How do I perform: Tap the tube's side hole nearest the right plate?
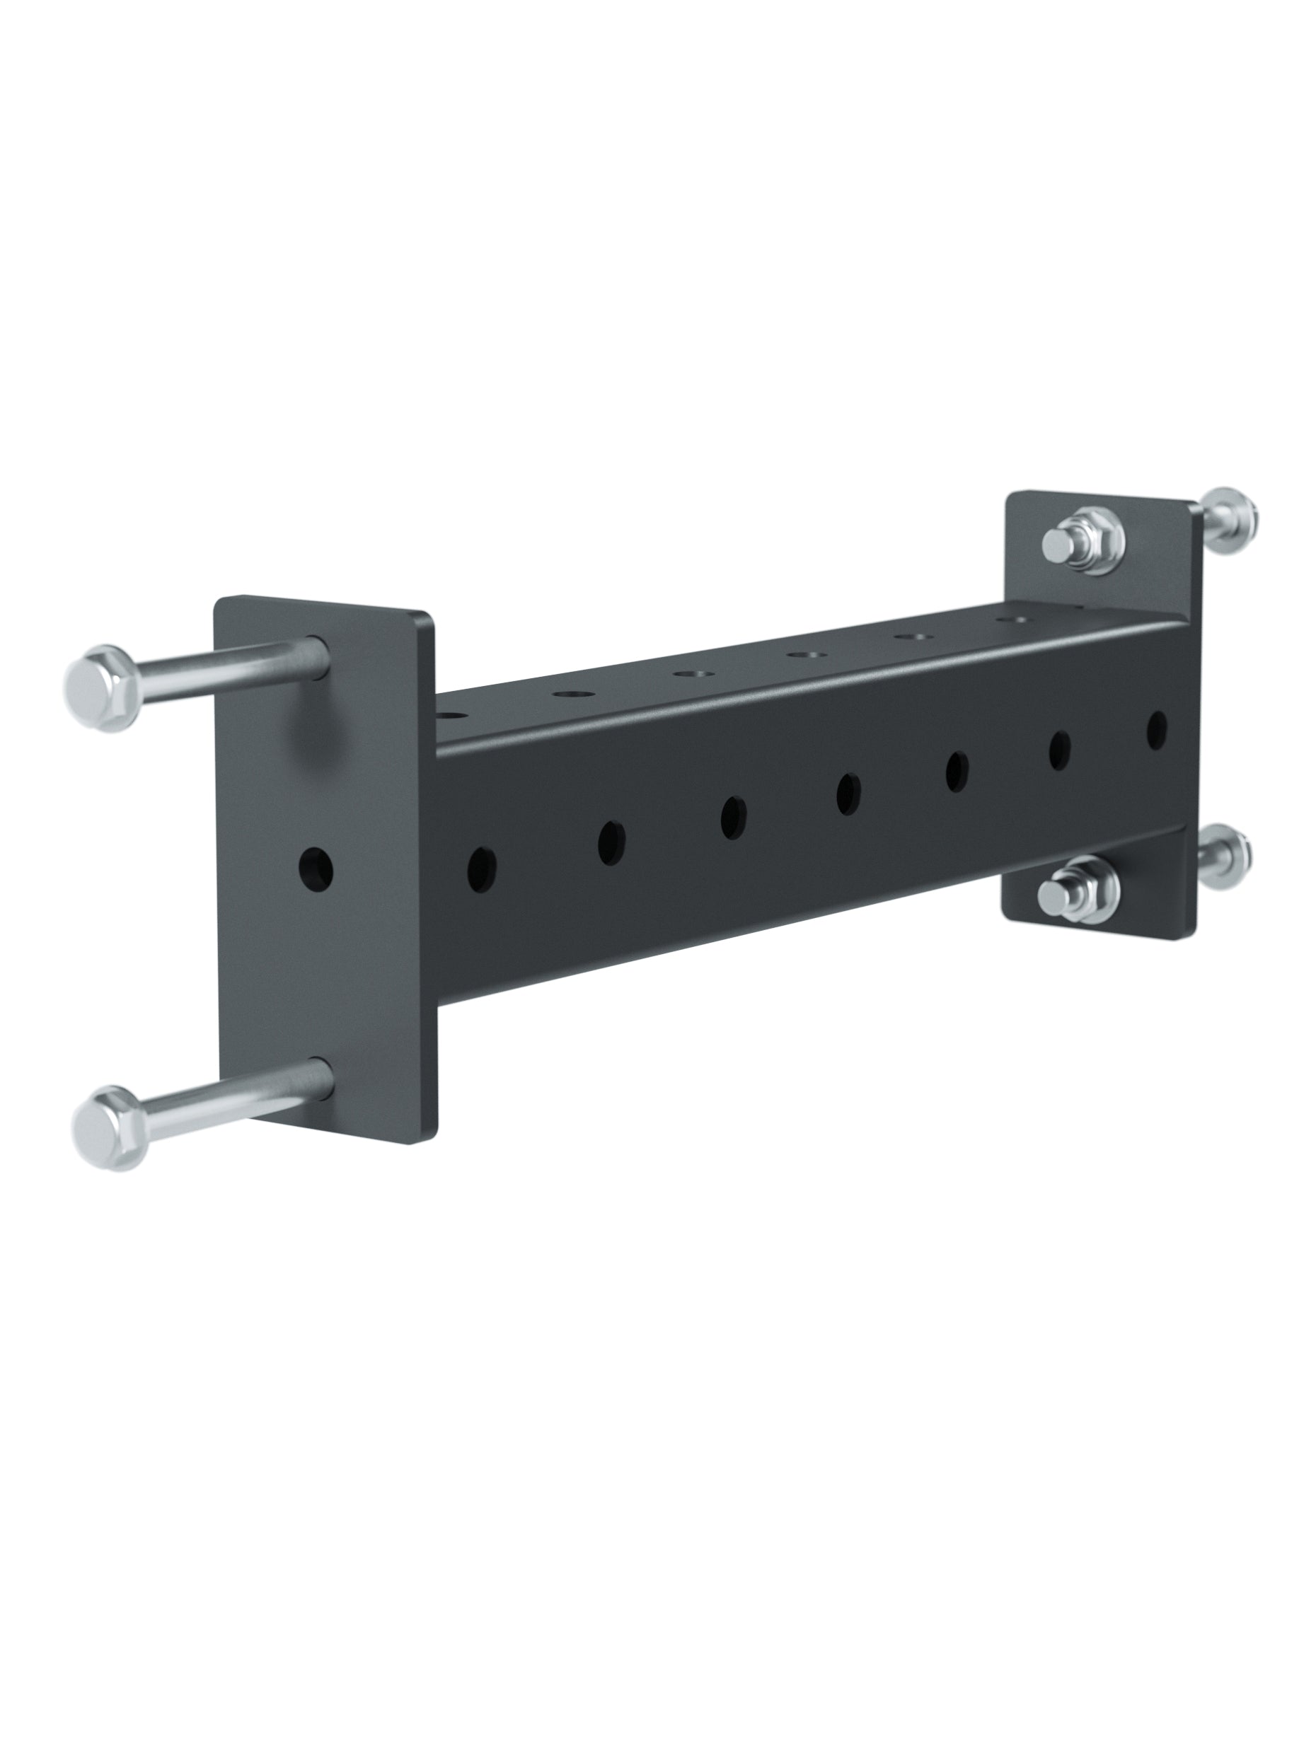[1157, 726]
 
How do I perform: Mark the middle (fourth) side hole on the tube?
[848, 792]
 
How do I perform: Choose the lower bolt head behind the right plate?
[1225, 857]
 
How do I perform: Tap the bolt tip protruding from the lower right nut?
[1055, 896]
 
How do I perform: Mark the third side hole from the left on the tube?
[733, 817]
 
